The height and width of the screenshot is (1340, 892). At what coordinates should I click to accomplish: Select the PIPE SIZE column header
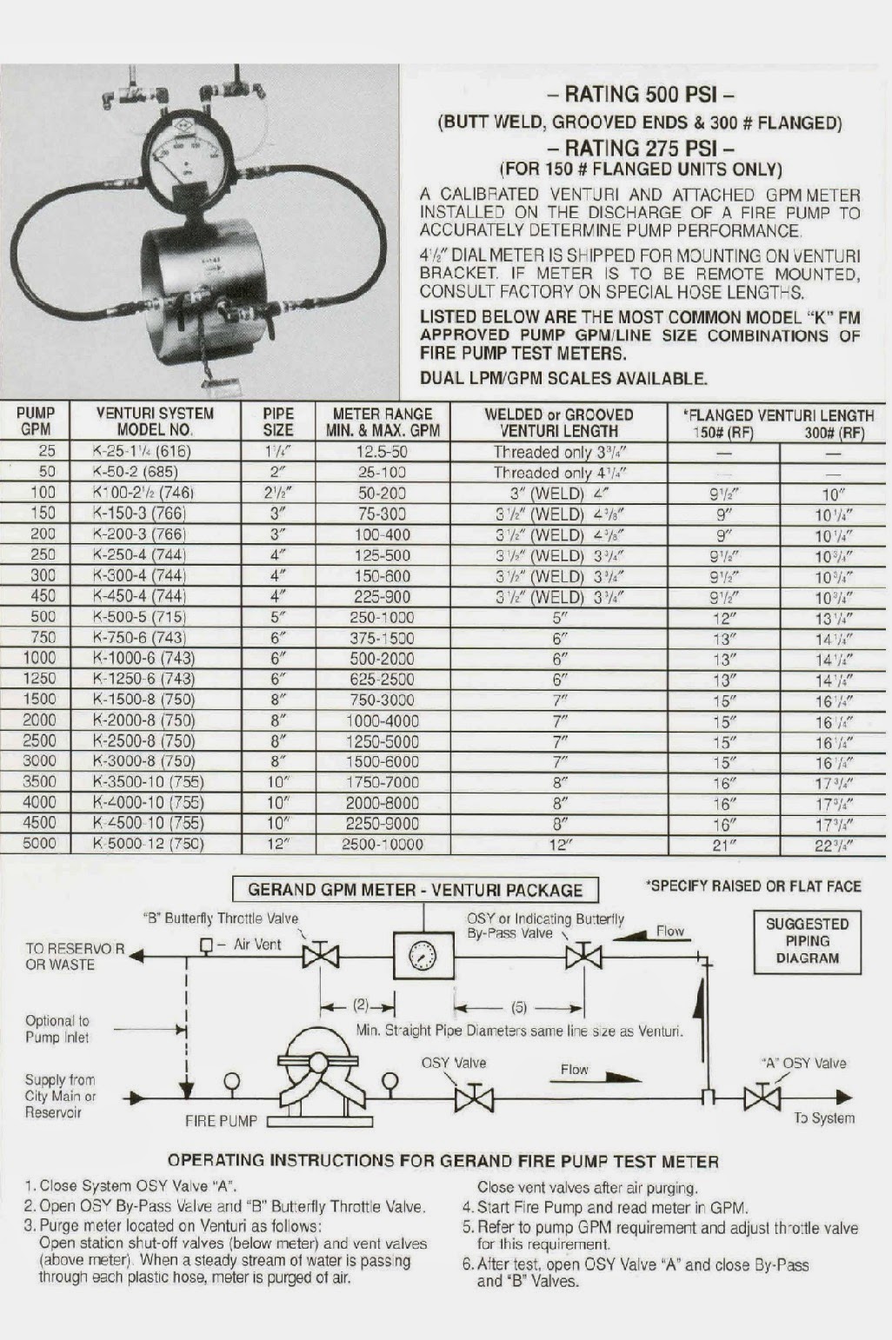tap(278, 421)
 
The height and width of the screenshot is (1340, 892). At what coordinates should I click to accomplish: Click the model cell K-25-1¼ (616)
tap(141, 451)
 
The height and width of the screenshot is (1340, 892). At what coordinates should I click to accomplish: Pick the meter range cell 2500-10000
tap(383, 845)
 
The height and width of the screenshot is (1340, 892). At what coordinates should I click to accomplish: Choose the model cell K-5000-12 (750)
tap(148, 844)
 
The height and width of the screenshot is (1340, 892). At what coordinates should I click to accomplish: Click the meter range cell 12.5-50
tap(383, 452)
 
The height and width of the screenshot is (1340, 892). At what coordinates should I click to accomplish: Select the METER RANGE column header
tap(383, 421)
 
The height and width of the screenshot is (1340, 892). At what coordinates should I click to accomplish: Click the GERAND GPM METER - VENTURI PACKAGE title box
tap(415, 890)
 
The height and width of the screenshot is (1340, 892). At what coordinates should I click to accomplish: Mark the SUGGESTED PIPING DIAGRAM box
tap(808, 941)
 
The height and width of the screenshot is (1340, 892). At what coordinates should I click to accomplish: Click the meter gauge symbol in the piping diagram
tap(423, 957)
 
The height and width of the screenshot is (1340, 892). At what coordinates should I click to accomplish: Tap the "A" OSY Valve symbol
tap(762, 1098)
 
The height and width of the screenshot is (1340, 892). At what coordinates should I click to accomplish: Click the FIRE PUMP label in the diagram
tap(221, 1121)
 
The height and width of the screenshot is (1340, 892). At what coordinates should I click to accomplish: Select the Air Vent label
tap(257, 945)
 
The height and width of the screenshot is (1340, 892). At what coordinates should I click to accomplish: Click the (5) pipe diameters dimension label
tap(518, 1008)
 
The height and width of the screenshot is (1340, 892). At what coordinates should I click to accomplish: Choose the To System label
tap(824, 1118)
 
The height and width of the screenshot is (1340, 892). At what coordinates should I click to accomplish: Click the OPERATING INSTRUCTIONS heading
tap(443, 1161)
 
